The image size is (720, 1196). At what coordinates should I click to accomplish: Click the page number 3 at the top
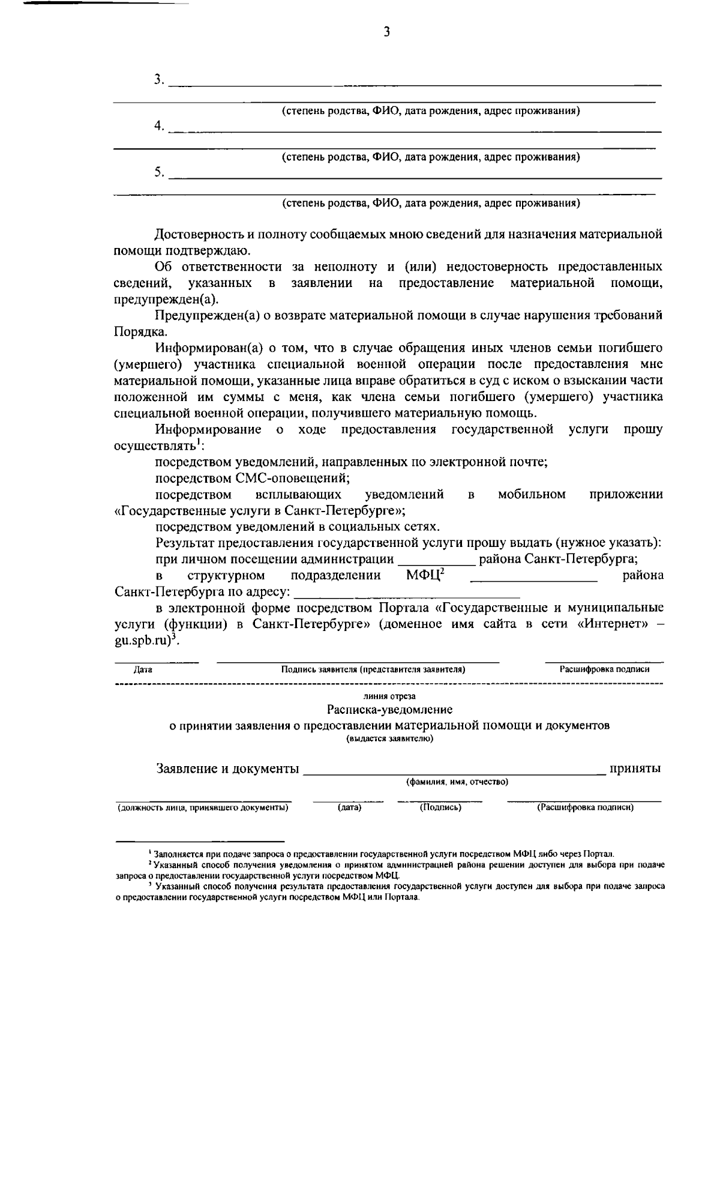[x=386, y=32]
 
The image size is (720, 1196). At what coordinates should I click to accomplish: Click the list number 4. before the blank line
[x=159, y=126]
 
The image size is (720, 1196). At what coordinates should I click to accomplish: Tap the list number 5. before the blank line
[x=159, y=172]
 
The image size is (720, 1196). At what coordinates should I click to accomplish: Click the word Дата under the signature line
[x=143, y=669]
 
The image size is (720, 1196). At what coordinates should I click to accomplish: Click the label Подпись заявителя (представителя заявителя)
[x=373, y=669]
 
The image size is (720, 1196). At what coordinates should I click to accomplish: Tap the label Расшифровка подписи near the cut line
[x=604, y=669]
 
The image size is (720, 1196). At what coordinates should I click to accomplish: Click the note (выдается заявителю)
[x=389, y=738]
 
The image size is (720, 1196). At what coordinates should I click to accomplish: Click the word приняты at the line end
[x=635, y=769]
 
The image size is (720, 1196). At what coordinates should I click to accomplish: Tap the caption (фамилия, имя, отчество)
[x=457, y=782]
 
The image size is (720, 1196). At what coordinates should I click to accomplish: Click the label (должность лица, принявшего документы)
[x=203, y=808]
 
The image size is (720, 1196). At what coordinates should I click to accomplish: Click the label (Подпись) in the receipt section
[x=440, y=808]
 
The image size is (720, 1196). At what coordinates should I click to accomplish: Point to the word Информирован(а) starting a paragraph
[x=199, y=348]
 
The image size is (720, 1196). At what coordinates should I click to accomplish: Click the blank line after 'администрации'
[x=436, y=561]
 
